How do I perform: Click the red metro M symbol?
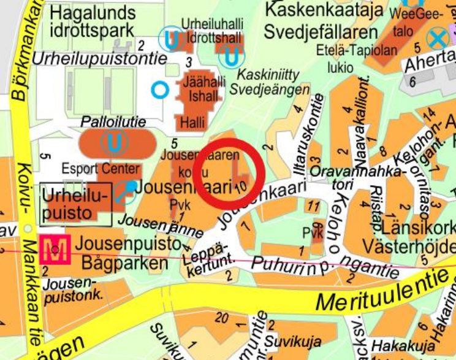coord(55,250)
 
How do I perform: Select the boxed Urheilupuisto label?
coord(75,203)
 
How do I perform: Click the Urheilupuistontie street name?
coord(100,58)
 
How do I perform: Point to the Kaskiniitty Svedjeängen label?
coord(268,82)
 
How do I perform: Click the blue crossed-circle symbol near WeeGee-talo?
coord(437,40)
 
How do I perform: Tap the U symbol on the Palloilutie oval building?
coord(114,144)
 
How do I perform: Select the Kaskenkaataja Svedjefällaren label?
coord(322,20)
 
